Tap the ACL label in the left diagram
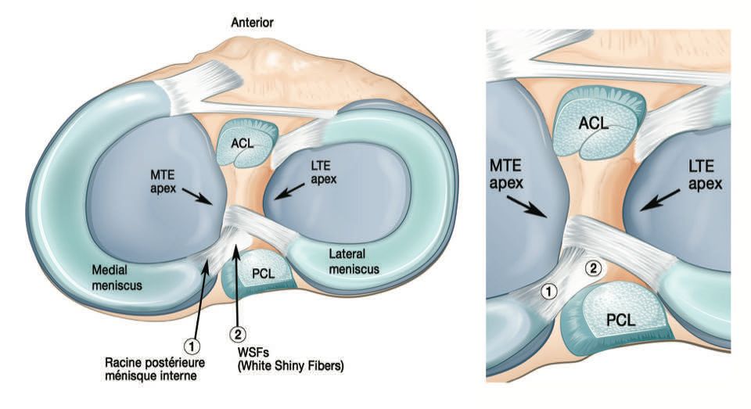246,143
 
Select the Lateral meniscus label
354,261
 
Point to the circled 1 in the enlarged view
550,291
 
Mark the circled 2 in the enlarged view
594,268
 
